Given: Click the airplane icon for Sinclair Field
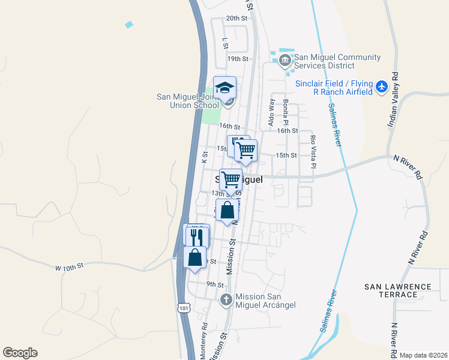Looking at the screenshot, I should coord(382,86).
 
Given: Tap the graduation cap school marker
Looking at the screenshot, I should coord(225,88).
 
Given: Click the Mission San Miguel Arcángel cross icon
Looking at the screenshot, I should coord(226,299).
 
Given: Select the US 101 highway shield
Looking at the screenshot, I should coord(184,308).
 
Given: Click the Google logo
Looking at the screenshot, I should coord(20,353).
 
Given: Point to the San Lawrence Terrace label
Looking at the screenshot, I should coord(399,290).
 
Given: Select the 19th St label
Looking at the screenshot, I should coord(238,59).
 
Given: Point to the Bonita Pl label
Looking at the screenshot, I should coord(286,109).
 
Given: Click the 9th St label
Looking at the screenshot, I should coord(214,284).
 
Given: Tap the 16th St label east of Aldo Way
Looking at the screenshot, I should coord(288,130).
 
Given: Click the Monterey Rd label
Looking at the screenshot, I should coord(204,341).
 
